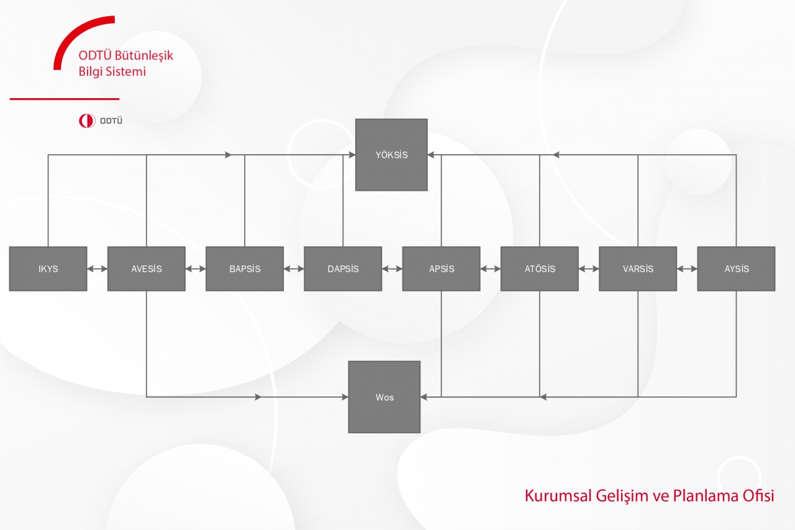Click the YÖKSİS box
pyautogui.click(x=391, y=155)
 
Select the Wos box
pyautogui.click(x=384, y=397)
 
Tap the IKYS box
pyautogui.click(x=48, y=268)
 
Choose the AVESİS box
pyautogui.click(x=147, y=268)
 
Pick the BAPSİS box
pyautogui.click(x=245, y=268)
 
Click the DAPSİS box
pyautogui.click(x=343, y=268)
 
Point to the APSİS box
pyautogui.click(x=442, y=268)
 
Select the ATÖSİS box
pyautogui.click(x=540, y=268)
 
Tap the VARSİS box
pyautogui.click(x=638, y=268)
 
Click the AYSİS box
pyautogui.click(x=737, y=268)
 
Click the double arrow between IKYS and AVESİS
pyautogui.click(x=98, y=269)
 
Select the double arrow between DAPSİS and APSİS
pyautogui.click(x=392, y=269)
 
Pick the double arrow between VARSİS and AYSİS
pyautogui.click(x=687, y=269)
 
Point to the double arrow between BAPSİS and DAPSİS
pyautogui.click(x=294, y=269)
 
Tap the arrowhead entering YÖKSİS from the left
pyautogui.click(x=352, y=155)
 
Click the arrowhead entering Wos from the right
pyautogui.click(x=424, y=397)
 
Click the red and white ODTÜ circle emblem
pyautogui.click(x=87, y=121)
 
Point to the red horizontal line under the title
pyautogui.click(x=65, y=99)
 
